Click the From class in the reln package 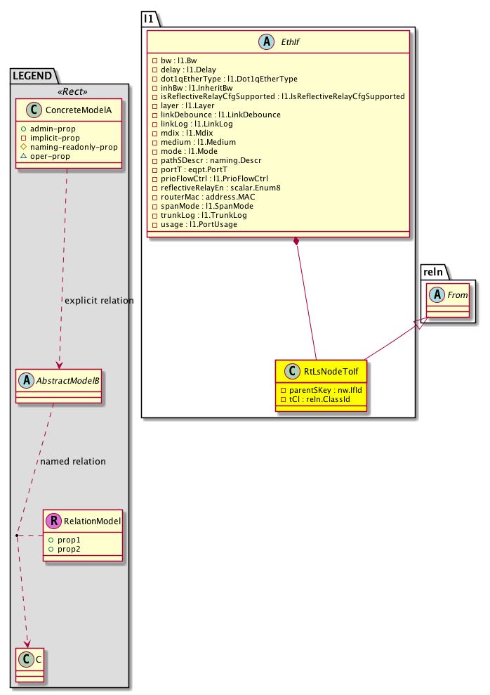[457, 296]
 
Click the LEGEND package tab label [32, 74]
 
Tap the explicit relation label [99, 301]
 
